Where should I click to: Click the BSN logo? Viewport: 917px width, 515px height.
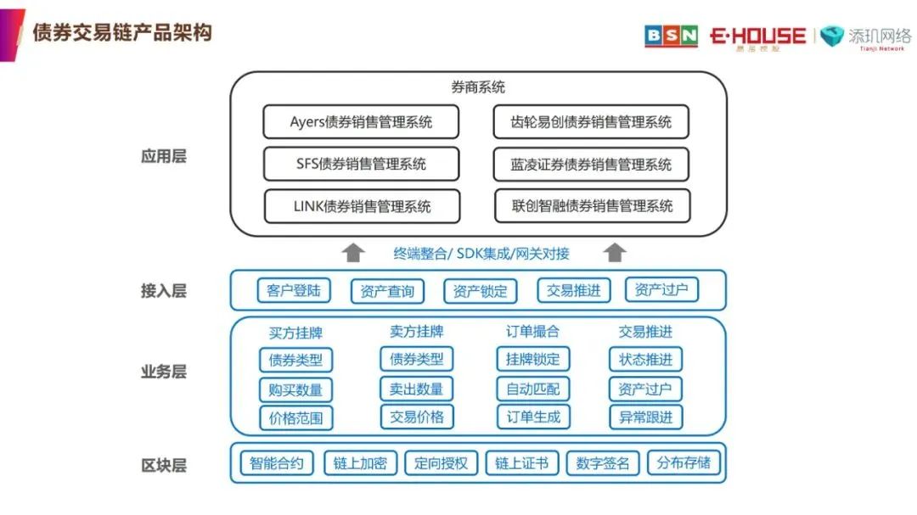[x=671, y=36]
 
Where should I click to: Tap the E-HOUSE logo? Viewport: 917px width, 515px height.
[x=757, y=36]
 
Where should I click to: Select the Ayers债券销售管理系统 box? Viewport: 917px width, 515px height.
[x=361, y=122]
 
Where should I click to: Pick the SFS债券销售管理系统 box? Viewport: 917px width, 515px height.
[x=361, y=164]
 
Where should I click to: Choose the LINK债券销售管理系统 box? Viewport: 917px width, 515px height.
[x=362, y=206]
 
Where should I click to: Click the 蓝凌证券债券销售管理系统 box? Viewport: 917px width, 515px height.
[x=591, y=164]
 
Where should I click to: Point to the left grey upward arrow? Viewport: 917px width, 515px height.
[x=353, y=252]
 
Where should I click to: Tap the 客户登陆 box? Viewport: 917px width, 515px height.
[x=293, y=290]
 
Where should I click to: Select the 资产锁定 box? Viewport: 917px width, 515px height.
[x=480, y=291]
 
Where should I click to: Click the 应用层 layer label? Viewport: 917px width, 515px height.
[x=163, y=156]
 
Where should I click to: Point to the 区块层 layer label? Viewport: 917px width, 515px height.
[x=163, y=465]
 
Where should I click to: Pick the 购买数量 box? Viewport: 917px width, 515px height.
[x=295, y=389]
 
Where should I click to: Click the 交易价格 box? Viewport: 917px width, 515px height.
[x=416, y=417]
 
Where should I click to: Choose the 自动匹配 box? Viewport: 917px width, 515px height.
[x=532, y=389]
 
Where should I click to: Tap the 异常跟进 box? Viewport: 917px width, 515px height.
[x=645, y=417]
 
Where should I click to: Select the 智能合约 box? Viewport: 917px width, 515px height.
[x=277, y=463]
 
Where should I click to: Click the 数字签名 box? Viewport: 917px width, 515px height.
[x=602, y=463]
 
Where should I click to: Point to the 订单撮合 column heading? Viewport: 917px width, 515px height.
[x=532, y=332]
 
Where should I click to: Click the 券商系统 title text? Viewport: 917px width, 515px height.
[x=478, y=87]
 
